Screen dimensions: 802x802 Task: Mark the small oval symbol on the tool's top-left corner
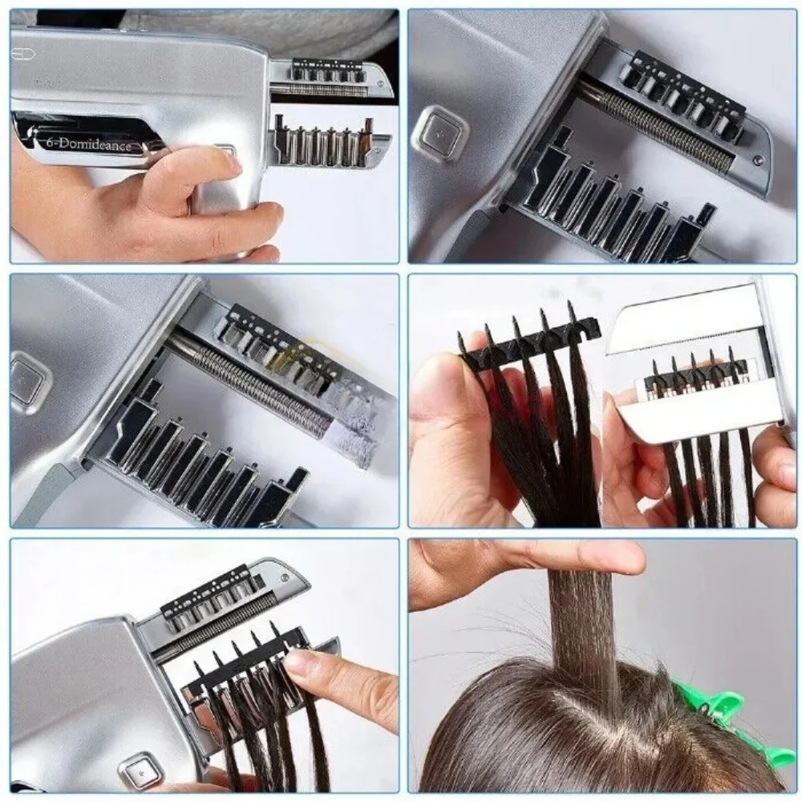19,54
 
